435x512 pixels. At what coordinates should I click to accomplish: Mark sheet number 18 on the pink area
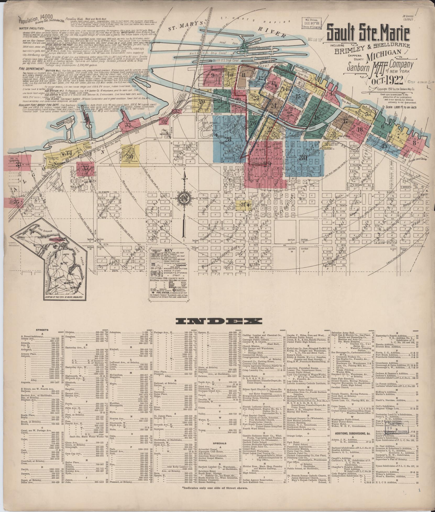point(360,129)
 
